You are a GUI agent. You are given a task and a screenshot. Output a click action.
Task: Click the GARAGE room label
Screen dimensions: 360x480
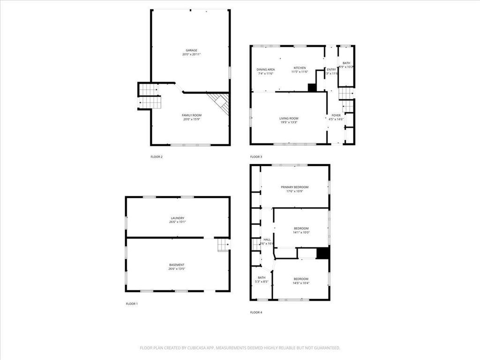click(191, 50)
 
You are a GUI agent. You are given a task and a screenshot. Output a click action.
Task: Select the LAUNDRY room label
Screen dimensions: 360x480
click(177, 217)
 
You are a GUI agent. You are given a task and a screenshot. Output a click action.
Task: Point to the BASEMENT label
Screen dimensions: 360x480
click(177, 264)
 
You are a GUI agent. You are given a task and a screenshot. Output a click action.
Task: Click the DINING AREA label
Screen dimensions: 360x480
click(265, 69)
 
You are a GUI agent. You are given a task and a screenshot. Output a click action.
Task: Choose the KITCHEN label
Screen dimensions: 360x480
click(300, 67)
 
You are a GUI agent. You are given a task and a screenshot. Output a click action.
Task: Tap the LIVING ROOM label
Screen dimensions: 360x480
click(289, 118)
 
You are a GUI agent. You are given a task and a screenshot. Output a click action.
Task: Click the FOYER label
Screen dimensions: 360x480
click(336, 115)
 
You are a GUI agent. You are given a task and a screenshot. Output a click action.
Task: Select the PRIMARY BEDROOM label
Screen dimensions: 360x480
click(294, 187)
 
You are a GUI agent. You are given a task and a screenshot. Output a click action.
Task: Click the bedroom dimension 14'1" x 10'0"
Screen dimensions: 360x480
click(301, 232)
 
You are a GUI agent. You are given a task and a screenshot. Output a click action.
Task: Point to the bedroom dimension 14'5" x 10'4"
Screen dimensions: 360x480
click(301, 283)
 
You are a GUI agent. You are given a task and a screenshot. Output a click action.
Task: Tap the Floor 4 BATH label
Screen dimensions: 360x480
click(261, 277)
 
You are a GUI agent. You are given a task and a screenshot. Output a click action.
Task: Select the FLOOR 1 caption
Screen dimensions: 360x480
click(132, 304)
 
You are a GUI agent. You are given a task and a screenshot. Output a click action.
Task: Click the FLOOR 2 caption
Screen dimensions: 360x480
click(157, 157)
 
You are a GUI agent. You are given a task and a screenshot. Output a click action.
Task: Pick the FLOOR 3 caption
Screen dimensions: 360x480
click(256, 157)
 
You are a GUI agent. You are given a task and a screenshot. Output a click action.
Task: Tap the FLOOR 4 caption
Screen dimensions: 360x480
click(256, 312)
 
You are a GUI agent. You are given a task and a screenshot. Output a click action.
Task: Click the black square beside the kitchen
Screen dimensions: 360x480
click(312, 88)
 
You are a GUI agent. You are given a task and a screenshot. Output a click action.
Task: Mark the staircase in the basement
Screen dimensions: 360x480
click(222, 245)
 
